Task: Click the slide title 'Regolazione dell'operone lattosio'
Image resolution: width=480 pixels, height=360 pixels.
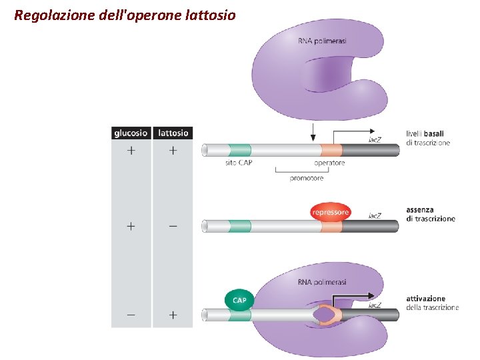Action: (125, 14)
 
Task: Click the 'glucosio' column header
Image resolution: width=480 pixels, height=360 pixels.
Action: (131, 133)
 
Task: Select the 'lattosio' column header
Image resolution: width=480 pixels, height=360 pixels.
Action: (173, 133)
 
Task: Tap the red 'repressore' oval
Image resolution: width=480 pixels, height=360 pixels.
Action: (330, 212)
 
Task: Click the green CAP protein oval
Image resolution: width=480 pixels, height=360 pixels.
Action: (239, 300)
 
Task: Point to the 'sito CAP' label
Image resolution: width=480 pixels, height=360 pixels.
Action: (239, 163)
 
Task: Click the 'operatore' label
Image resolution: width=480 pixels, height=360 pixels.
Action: (329, 163)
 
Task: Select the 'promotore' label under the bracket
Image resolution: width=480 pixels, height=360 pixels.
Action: (307, 178)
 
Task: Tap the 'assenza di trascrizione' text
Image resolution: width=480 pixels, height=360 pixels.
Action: (430, 214)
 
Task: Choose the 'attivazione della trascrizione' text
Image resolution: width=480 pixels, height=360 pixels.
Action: (432, 303)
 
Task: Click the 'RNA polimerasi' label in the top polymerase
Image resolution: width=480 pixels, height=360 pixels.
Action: (322, 41)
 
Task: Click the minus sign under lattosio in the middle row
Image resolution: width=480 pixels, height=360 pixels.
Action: (173, 226)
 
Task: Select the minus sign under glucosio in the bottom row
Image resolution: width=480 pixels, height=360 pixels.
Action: (131, 314)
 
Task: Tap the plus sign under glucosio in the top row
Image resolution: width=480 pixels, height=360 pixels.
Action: (131, 151)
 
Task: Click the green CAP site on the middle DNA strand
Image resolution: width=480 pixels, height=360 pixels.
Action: (239, 226)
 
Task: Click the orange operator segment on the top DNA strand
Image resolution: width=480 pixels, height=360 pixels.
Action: (331, 150)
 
